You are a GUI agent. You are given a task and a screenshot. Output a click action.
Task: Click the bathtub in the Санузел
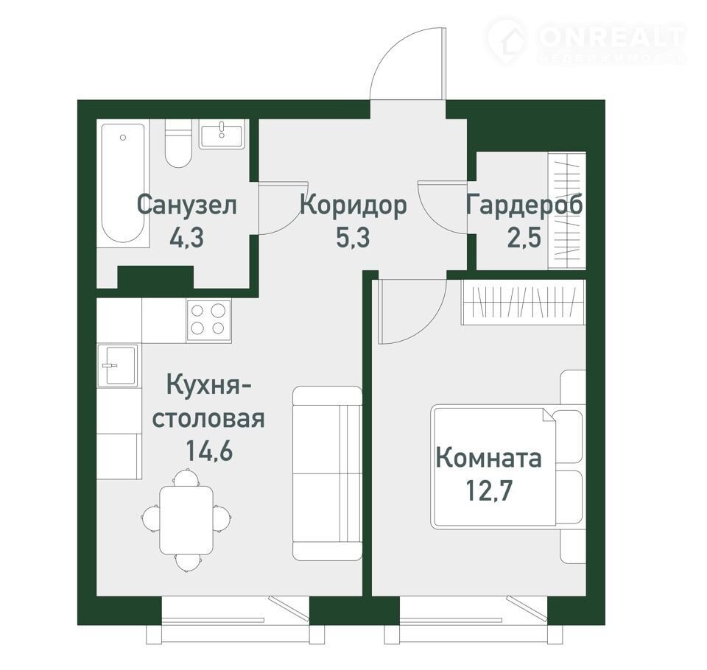124,183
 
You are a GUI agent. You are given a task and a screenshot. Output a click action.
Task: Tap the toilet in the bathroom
178,143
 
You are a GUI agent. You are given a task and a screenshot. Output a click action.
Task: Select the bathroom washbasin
222,133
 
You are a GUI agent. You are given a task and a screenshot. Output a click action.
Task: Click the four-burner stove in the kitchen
208,320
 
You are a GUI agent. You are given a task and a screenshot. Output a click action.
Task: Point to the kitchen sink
117,366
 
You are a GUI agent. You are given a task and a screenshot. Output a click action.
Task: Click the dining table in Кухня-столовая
186,521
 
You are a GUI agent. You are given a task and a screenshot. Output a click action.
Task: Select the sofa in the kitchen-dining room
327,473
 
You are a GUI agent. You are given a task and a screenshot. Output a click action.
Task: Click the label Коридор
353,206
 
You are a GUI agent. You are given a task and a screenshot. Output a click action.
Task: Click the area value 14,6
209,451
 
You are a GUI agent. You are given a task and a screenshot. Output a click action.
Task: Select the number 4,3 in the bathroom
186,238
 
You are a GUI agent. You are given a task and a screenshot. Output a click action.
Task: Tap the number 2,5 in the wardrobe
524,238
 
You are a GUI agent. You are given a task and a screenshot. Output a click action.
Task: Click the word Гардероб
524,206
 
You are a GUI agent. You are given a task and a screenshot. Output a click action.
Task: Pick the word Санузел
186,205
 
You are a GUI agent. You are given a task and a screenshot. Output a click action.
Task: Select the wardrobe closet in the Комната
523,302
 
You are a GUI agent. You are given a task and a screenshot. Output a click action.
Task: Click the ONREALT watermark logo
587,40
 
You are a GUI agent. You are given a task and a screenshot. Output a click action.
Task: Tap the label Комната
489,458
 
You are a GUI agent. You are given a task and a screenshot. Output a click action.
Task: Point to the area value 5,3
353,238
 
